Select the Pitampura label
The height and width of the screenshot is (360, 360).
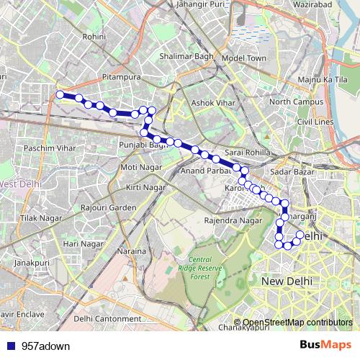coord(122,75)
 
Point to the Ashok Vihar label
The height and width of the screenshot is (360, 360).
coord(214,103)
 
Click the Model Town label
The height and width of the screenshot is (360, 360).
coord(244,58)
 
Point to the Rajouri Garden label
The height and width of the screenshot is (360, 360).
coord(109,207)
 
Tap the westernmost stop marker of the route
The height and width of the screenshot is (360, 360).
coord(60,94)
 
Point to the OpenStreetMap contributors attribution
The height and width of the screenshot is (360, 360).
coord(297,323)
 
